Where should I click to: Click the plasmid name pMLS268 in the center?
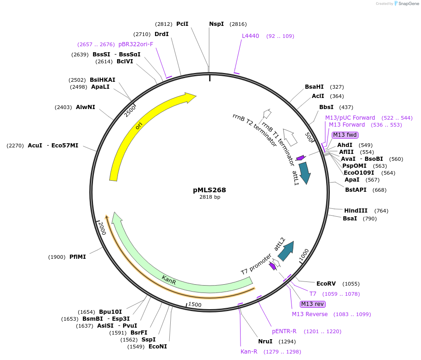[210, 189]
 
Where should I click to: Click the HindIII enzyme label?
[356, 211]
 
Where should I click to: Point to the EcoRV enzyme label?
[326, 284]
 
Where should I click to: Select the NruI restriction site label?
[266, 342]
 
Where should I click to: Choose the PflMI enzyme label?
[77, 257]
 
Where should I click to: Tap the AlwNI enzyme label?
[86, 107]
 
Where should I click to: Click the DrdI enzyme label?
[161, 34]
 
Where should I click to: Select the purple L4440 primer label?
[250, 36]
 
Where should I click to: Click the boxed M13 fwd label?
[345, 135]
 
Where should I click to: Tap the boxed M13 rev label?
[312, 304]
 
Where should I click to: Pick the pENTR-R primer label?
[284, 332]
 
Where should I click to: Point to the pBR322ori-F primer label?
[136, 44]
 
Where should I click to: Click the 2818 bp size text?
[210, 197]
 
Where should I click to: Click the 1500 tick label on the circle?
[195, 305]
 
